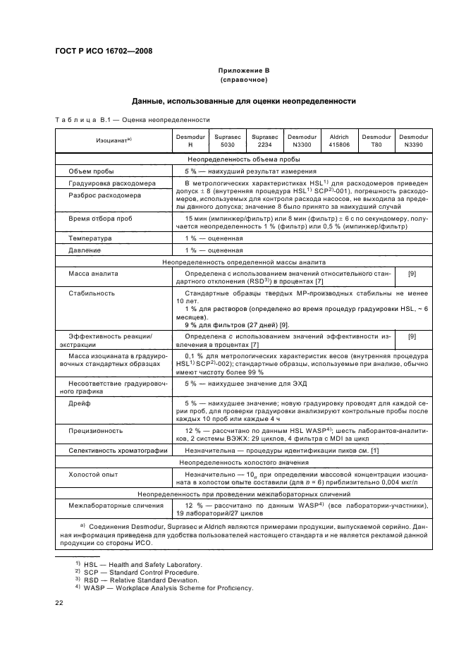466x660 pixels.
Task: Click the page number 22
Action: pyautogui.click(x=59, y=603)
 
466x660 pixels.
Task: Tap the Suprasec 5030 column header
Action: pyautogui.click(x=228, y=140)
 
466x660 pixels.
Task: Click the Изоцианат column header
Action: pyautogui.click(x=115, y=140)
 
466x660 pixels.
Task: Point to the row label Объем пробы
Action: pyautogui.click(x=92, y=171)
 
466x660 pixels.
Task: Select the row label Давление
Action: pyautogui.click(x=85, y=250)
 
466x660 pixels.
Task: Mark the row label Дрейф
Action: pyautogui.click(x=78, y=403)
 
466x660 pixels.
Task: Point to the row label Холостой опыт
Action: pyautogui.click(x=91, y=475)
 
